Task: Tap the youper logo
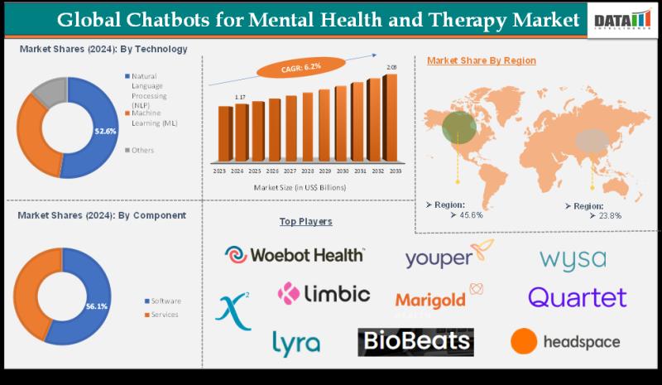click(450, 257)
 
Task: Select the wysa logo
click(573, 259)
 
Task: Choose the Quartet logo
click(577, 296)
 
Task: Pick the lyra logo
click(295, 342)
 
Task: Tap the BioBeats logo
click(415, 341)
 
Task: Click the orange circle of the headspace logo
click(523, 340)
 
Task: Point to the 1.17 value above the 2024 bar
click(240, 98)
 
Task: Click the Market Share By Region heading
click(481, 60)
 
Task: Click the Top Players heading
click(305, 222)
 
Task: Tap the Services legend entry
click(165, 315)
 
